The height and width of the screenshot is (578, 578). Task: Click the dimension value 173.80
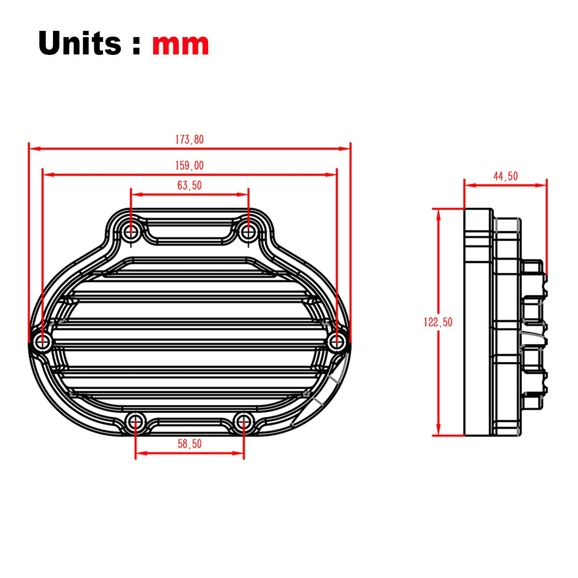(x=189, y=140)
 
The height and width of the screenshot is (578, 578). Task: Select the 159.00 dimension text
(x=189, y=166)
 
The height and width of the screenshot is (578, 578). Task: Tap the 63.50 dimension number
(x=189, y=185)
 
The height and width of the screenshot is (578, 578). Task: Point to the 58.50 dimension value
(x=189, y=444)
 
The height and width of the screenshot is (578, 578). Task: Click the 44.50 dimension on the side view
(x=505, y=176)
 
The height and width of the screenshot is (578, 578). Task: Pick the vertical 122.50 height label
(x=438, y=322)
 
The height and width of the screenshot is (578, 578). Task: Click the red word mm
(x=180, y=44)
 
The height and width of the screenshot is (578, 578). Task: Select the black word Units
(x=79, y=42)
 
